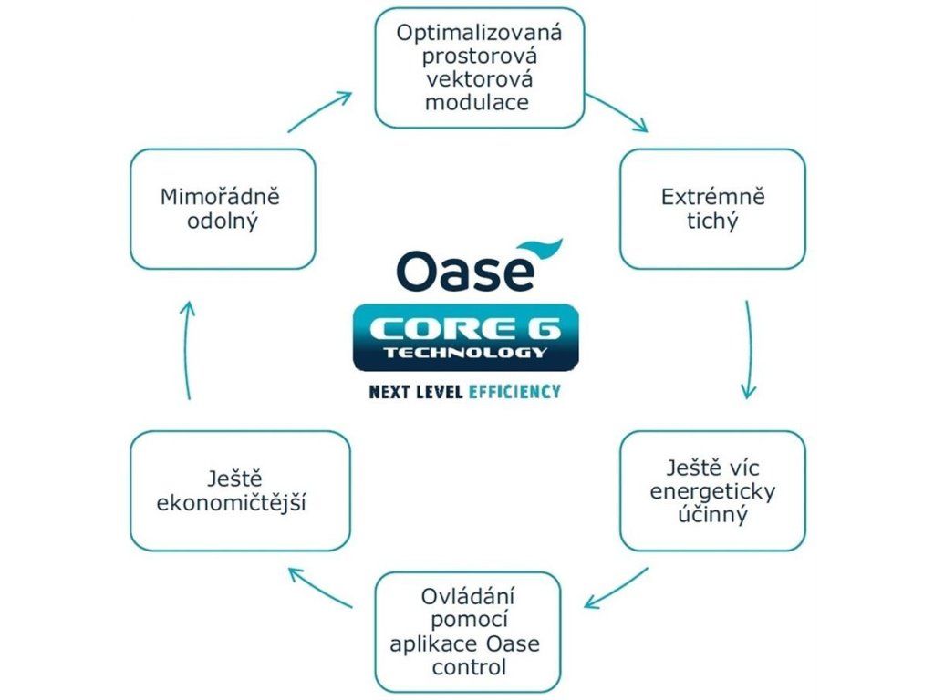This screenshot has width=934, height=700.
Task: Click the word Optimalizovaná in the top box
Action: coord(479,34)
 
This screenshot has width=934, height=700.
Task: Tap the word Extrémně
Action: coord(712,197)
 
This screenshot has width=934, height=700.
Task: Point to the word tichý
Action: coord(712,221)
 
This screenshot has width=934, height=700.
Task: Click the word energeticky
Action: coord(712,492)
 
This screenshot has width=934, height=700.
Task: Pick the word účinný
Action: coord(712,515)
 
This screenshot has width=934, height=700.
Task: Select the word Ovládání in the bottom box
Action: coord(468,598)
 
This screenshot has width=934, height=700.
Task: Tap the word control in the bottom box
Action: coord(468,667)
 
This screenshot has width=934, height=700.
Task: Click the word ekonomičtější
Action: coord(240,502)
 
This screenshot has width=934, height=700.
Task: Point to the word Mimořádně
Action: coord(223,197)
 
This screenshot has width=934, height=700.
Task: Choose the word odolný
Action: coord(223,221)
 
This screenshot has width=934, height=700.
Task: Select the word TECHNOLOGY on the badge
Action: coord(465,352)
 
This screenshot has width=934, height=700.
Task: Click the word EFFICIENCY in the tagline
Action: coord(514,392)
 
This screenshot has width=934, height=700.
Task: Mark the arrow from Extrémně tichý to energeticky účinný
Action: coord(749,351)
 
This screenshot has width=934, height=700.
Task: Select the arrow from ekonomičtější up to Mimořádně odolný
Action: coord(186,351)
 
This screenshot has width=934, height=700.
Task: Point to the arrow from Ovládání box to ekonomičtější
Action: coord(319,588)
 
